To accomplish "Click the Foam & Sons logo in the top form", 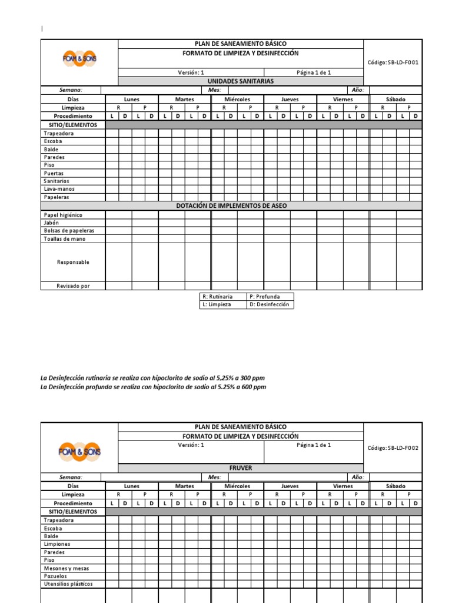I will [79, 58].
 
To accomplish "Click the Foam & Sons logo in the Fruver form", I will [79, 451].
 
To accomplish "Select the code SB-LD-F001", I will [393, 62].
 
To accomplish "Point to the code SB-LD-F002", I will [393, 448].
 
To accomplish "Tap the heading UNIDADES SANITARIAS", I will [240, 81].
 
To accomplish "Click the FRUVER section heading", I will [240, 468].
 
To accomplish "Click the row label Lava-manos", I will [59, 189].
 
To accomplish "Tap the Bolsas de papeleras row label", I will [69, 231].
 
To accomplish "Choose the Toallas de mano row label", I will [65, 239].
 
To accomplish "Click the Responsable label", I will [73, 262].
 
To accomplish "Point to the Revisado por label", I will [73, 286].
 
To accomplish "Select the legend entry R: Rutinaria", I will [217, 297].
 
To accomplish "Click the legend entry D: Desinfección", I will [270, 304].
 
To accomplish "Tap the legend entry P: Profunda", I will [265, 297].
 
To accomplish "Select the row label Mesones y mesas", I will [66, 568].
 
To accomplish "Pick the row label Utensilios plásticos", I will [68, 584].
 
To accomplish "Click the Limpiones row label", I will [57, 544].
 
